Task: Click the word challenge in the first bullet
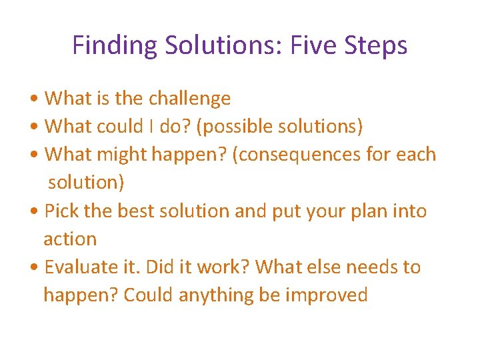(189, 99)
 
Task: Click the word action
(70, 239)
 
